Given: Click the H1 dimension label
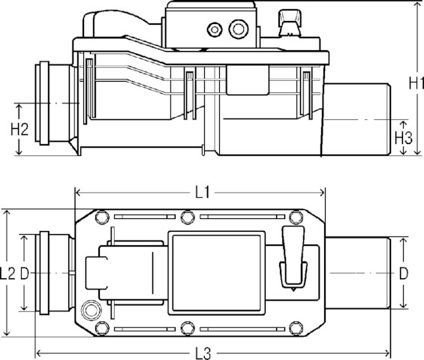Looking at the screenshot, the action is click(x=416, y=82).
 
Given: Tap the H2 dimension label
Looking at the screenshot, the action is click(x=20, y=129).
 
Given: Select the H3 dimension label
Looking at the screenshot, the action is click(x=404, y=137).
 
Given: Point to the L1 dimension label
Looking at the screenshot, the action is click(x=203, y=193).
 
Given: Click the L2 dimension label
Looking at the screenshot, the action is click(x=8, y=273).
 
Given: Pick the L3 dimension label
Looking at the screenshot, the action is click(x=203, y=353).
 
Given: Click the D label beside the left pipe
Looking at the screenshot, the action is click(x=25, y=274).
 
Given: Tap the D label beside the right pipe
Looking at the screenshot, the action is click(x=404, y=274).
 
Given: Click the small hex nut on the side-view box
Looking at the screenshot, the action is click(x=215, y=30).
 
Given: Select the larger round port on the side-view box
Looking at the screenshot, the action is click(x=239, y=29).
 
